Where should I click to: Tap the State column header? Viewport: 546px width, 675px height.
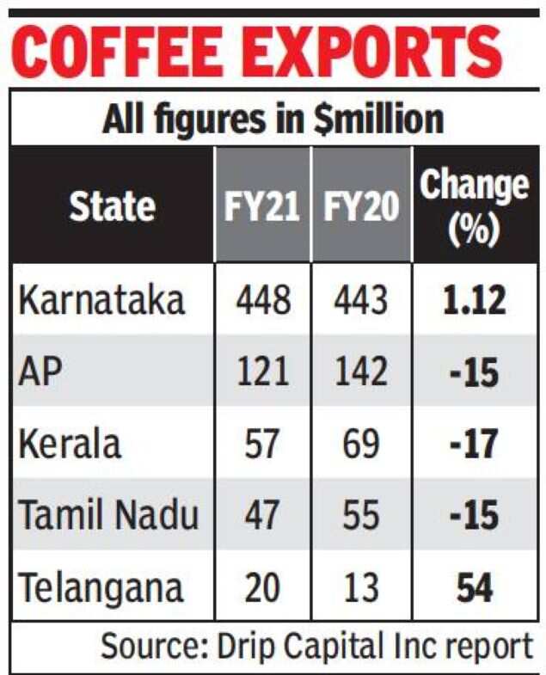(x=112, y=207)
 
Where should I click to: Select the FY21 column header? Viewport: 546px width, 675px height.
(x=258, y=207)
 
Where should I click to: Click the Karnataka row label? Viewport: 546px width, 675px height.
(x=101, y=302)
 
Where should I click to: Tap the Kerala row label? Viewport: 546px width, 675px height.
(x=71, y=445)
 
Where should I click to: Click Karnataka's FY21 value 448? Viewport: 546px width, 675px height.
(x=258, y=302)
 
